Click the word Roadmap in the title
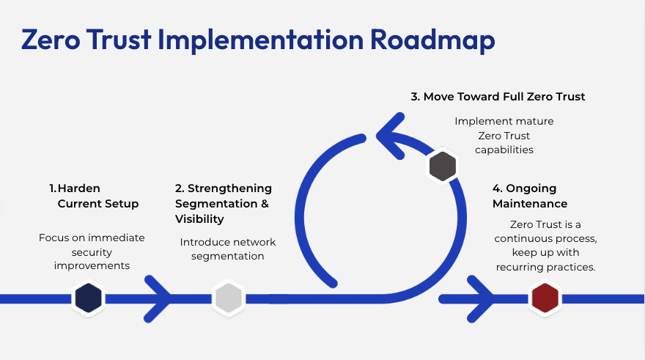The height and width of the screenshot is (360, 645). click(431, 40)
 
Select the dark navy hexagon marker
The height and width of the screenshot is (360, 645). click(89, 298)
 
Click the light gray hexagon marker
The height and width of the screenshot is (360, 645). click(227, 298)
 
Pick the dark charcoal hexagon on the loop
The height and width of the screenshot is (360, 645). click(442, 166)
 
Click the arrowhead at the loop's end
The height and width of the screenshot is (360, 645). click(388, 135)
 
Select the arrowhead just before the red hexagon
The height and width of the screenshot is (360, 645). click(481, 298)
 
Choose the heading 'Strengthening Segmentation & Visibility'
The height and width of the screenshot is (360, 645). click(222, 204)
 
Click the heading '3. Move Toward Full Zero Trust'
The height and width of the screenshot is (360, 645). click(498, 96)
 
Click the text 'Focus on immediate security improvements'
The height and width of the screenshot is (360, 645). click(92, 251)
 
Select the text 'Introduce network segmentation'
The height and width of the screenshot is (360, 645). click(228, 249)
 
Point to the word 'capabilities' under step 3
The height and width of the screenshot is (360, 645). click(504, 150)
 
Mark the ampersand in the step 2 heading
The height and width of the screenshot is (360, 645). click(265, 204)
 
